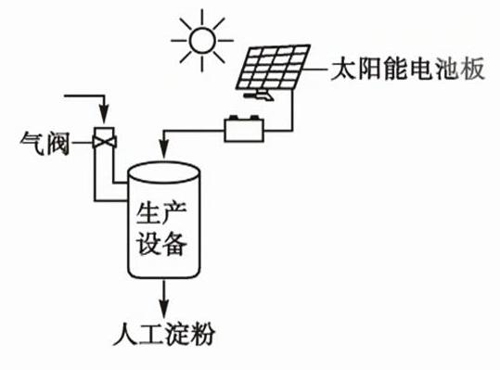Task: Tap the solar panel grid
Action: click(274, 67)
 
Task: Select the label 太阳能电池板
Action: click(407, 69)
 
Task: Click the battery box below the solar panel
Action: click(244, 130)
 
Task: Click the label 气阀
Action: click(45, 143)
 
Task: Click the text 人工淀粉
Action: click(164, 333)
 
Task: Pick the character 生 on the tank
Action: click(147, 213)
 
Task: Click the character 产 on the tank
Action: click(174, 213)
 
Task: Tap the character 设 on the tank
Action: click(147, 244)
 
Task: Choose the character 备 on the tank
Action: click(174, 244)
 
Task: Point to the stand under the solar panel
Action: click(260, 95)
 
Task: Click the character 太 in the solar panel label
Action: click(343, 69)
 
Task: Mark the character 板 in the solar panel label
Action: click(472, 69)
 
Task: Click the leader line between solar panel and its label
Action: click(315, 69)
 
